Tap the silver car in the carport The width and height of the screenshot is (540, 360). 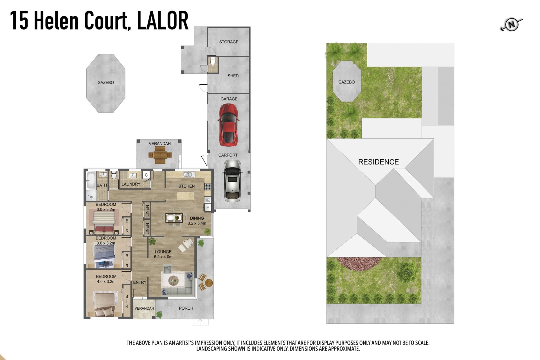pyautogui.click(x=232, y=180)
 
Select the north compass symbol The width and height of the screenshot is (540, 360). pyautogui.click(x=511, y=25)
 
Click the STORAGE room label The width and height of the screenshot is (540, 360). pyautogui.click(x=229, y=42)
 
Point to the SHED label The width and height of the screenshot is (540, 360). pyautogui.click(x=233, y=76)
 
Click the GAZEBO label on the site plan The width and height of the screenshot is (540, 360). pyautogui.click(x=346, y=82)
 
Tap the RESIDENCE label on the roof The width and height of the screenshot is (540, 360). pyautogui.click(x=378, y=162)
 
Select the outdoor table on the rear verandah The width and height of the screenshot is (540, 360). pyautogui.click(x=160, y=155)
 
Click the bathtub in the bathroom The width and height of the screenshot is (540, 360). pyautogui.click(x=91, y=180)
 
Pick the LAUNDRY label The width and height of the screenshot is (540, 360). pyautogui.click(x=131, y=184)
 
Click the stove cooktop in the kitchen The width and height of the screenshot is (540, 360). pyautogui.click(x=208, y=186)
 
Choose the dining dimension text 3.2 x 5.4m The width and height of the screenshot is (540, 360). pyautogui.click(x=197, y=223)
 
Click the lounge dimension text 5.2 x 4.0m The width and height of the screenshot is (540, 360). pyautogui.click(x=163, y=257)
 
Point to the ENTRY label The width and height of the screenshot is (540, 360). pyautogui.click(x=140, y=282)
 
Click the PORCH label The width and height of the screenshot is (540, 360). pyautogui.click(x=186, y=308)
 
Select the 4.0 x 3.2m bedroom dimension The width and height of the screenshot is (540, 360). pyautogui.click(x=106, y=282)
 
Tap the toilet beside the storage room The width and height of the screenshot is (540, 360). pyautogui.click(x=213, y=61)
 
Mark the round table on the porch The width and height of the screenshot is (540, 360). pyautogui.click(x=209, y=282)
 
